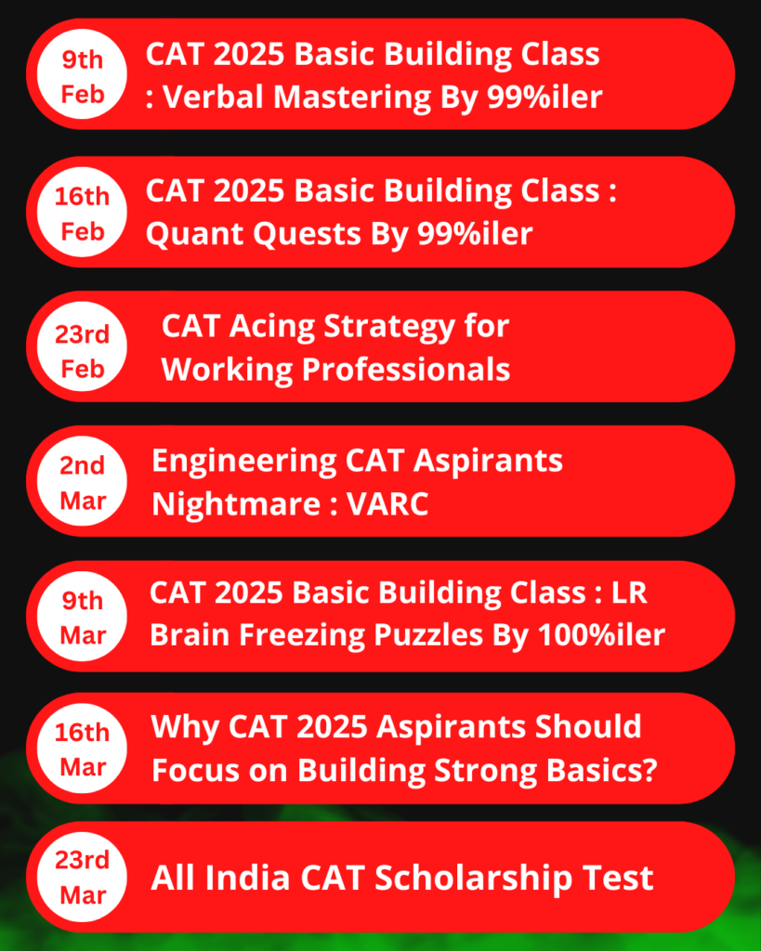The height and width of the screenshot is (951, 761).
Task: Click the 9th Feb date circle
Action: [82, 74]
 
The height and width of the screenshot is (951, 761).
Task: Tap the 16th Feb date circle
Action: [82, 212]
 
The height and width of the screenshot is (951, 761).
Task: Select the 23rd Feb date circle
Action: [82, 346]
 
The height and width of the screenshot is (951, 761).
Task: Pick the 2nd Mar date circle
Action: [82, 481]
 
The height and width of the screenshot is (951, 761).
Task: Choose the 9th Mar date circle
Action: [82, 617]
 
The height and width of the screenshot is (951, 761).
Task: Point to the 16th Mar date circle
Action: [82, 749]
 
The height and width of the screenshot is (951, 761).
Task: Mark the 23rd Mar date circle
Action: [82, 877]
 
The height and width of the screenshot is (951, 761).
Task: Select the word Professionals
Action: [406, 369]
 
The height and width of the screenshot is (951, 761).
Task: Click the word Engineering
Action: [244, 462]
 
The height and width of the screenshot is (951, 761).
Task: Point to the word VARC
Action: [387, 504]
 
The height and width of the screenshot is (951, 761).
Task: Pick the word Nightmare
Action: [236, 504]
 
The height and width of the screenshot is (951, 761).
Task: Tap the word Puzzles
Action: [428, 635]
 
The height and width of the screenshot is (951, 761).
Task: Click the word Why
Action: [185, 727]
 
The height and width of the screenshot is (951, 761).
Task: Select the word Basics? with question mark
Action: [602, 770]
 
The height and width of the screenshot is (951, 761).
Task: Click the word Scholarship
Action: [474, 879]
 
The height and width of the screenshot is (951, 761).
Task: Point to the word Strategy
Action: [389, 328]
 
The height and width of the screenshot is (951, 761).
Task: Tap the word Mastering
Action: [352, 98]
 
